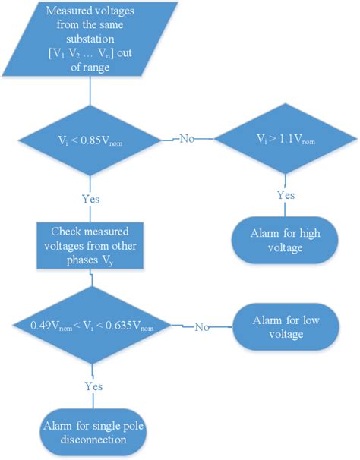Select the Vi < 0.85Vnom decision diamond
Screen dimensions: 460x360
(90, 140)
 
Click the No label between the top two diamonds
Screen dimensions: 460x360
(186, 140)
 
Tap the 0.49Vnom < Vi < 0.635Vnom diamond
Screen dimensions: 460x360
(92, 327)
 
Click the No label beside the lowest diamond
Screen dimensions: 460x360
(201, 327)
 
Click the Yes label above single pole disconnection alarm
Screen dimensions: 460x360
(92, 385)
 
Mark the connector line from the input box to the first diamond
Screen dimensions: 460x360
(90, 94)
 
